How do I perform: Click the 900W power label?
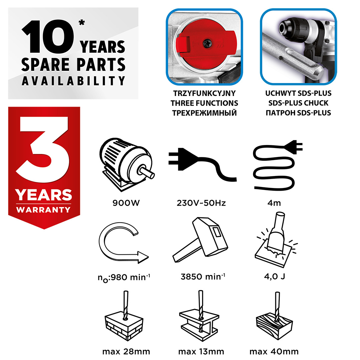pyautogui.click(x=126, y=203)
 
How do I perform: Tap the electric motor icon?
pyautogui.click(x=127, y=164)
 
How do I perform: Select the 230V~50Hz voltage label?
pyautogui.click(x=201, y=203)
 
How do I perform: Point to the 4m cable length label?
pyautogui.click(x=274, y=203)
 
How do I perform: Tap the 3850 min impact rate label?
pyautogui.click(x=203, y=276)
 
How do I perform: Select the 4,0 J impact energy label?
pyautogui.click(x=275, y=276)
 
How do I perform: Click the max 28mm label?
pyautogui.click(x=126, y=352)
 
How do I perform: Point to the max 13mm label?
pyautogui.click(x=201, y=352)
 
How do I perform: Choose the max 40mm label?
pyautogui.click(x=274, y=352)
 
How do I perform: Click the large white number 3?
pyautogui.click(x=43, y=149)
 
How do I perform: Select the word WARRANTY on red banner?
pyautogui.click(x=43, y=210)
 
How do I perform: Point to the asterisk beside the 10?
pyautogui.click(x=82, y=23)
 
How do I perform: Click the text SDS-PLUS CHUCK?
pyautogui.click(x=298, y=103)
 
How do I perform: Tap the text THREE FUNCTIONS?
pyautogui.click(x=204, y=103)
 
